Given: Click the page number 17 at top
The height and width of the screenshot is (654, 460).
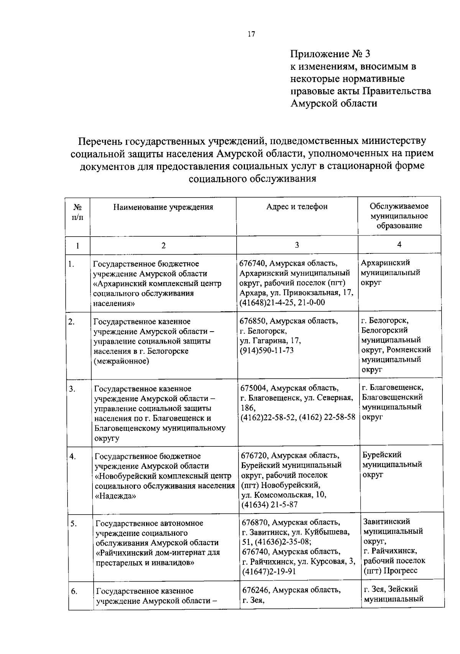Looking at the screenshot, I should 251,34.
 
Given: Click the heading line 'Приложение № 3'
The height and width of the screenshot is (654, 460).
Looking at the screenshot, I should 330,54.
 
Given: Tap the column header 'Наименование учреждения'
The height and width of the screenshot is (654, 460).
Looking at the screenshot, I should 163,207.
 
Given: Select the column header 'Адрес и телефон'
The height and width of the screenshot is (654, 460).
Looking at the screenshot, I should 297,206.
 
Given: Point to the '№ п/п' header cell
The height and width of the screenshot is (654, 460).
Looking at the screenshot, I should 78,212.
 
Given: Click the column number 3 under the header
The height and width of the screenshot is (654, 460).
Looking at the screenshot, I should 297,245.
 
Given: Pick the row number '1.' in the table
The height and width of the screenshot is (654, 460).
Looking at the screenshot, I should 71,264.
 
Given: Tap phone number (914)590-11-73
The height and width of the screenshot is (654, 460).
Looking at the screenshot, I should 266,350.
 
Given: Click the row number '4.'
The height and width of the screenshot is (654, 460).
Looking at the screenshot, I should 72,456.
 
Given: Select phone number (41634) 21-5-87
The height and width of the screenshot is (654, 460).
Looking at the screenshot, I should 269,505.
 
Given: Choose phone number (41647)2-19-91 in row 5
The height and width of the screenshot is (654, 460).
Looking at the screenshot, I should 269,572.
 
